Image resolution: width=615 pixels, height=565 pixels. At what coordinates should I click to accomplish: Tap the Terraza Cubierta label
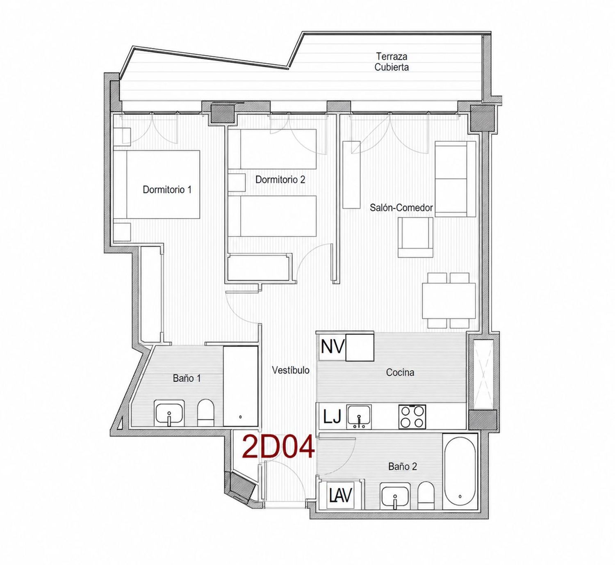pos(392,62)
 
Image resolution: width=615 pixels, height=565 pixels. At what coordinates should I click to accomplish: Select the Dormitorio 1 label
pos(167,189)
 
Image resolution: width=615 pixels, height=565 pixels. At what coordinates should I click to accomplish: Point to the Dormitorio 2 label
pos(280,180)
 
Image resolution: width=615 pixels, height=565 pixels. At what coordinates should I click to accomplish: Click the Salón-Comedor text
pos(401,208)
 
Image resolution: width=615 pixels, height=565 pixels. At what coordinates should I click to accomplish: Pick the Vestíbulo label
pos(291,370)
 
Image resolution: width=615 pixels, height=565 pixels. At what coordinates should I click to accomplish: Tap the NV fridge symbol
pos(333,347)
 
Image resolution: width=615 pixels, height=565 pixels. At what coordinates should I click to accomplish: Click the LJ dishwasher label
pos(333,417)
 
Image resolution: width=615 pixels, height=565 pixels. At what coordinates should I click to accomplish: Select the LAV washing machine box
pos(340,495)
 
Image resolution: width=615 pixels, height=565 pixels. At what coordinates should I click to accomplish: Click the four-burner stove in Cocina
pos(412,416)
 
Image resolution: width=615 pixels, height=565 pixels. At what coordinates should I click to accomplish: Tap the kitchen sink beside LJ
pos(359,417)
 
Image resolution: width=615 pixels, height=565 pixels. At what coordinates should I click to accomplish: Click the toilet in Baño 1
pos(205,413)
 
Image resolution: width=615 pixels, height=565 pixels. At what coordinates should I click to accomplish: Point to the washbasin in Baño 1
pos(169,413)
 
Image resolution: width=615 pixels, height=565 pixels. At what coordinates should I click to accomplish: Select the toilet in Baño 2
pos(426,495)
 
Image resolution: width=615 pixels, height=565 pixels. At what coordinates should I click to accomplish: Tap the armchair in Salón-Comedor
pos(415,237)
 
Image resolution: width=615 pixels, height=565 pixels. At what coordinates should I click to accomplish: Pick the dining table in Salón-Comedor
pos(449,301)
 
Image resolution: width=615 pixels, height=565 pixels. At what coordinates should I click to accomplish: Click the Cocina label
pos(400,372)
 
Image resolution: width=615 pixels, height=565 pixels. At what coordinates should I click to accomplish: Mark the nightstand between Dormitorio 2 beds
pos(237,183)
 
